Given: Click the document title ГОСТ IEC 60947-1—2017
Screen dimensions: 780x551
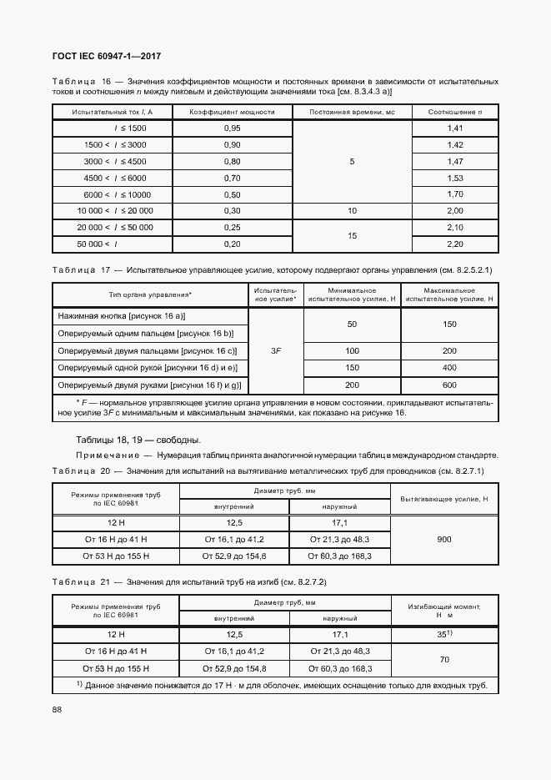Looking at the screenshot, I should click(108, 56).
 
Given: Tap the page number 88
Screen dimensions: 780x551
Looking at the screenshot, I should click(57, 709).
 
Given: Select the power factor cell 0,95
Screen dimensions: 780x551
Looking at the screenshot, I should click(233, 128).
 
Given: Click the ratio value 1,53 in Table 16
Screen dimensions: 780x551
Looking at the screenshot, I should click(455, 178).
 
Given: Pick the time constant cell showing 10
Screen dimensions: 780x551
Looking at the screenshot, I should click(352, 210).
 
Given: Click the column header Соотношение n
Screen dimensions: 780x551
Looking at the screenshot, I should click(455, 111).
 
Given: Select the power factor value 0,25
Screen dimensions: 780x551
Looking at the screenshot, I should click(233, 227).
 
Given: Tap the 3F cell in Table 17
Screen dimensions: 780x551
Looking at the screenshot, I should click(275, 351).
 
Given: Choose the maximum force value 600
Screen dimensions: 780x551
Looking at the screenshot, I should click(449, 385).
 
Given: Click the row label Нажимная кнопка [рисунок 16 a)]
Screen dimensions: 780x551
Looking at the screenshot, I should click(122, 316).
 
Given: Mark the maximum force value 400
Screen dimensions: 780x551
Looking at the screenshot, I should click(449, 367).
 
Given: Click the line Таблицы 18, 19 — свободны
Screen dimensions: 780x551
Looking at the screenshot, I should click(138, 440).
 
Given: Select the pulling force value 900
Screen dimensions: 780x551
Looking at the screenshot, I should click(444, 540).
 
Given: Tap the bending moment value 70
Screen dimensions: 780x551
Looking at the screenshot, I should click(444, 659).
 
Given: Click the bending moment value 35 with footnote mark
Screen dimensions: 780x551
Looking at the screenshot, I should click(444, 634).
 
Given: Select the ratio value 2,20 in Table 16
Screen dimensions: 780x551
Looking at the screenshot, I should click(455, 243).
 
